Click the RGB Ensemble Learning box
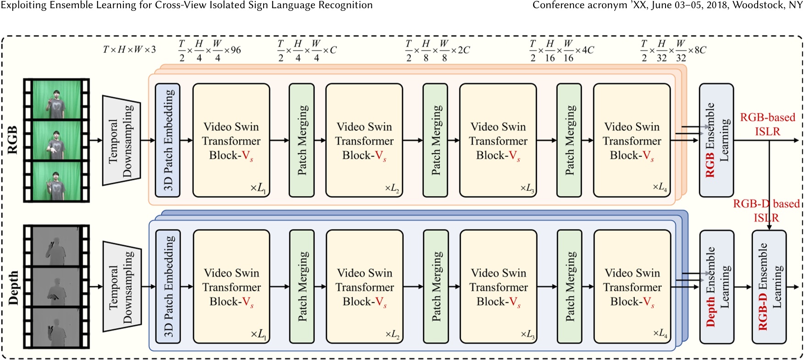pos(716,140)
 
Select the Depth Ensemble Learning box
pos(716,287)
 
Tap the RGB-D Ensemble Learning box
pos(769,287)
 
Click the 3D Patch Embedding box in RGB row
pos(168,140)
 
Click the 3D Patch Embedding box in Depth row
pos(168,287)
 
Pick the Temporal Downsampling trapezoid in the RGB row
pos(121,140)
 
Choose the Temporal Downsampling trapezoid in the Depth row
pos(122,287)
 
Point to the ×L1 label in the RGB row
pos(258,188)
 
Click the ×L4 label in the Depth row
pos(661,334)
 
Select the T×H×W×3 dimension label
pos(129,50)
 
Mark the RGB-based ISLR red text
pos(767,124)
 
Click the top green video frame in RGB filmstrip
pos(56,100)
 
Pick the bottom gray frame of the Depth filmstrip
pos(56,327)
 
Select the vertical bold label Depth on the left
pos(14,288)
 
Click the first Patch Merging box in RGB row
pos(302,140)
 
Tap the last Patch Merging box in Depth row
pos(570,287)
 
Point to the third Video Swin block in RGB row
pos(498,140)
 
